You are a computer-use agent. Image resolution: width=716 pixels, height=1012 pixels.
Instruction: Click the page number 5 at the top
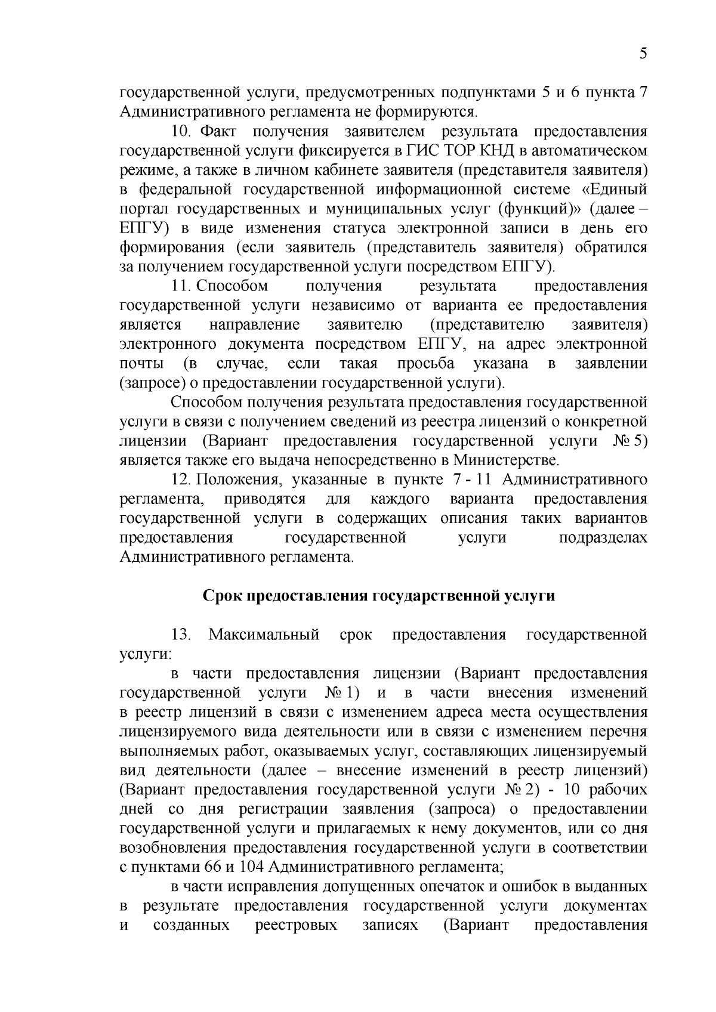[x=643, y=54]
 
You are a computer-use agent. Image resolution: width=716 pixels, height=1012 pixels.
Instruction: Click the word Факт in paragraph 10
[x=219, y=131]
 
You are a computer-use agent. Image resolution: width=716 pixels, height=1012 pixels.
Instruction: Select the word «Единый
[x=615, y=189]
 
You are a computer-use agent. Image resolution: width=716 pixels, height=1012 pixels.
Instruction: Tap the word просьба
[x=425, y=363]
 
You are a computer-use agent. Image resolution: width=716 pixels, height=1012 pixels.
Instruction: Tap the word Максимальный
[x=264, y=635]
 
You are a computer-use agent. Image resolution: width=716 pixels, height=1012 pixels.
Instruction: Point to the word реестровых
[x=295, y=925]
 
